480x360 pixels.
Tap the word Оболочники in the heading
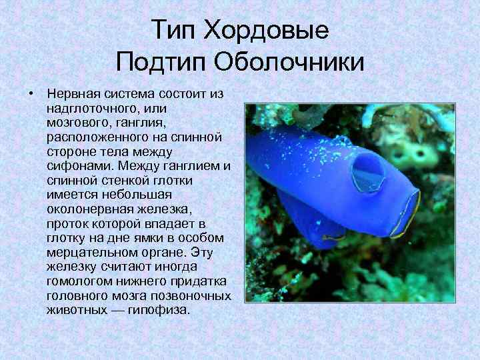click(x=289, y=63)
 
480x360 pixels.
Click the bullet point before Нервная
click(x=31, y=93)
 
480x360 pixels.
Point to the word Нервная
click(x=73, y=93)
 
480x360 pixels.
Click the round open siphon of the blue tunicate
click(x=367, y=173)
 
